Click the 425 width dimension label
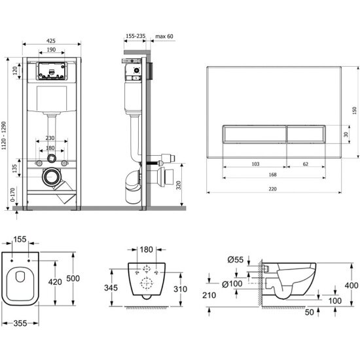tap(51, 41)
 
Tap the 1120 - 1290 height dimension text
tap(4, 135)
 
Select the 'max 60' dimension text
tap(164, 36)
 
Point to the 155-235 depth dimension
tap(135, 36)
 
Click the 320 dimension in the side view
tap(179, 185)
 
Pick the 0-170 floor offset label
tap(12, 194)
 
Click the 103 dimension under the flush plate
tap(255, 164)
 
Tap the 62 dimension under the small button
tap(306, 164)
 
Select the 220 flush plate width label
tap(272, 189)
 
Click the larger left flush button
tap(255, 134)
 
